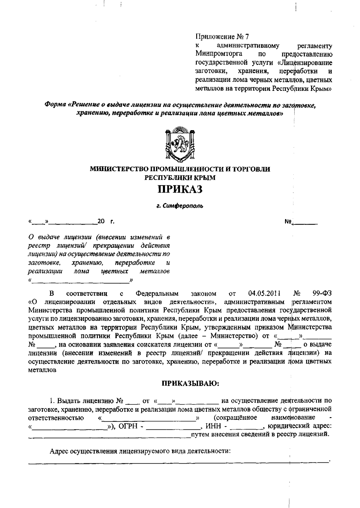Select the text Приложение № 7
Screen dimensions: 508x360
[222, 37]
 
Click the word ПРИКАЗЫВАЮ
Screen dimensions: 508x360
[190, 383]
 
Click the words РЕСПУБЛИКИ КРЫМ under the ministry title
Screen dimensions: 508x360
[180, 178]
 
